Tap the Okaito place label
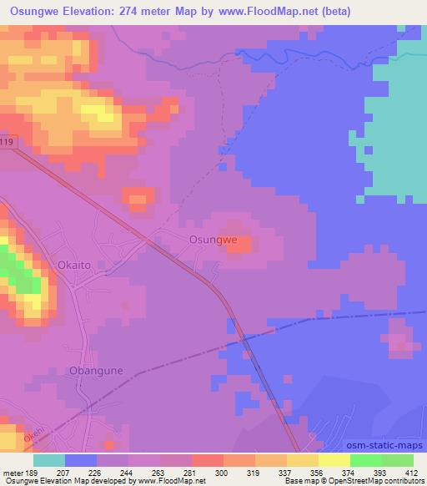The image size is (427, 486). pyautogui.click(x=75, y=266)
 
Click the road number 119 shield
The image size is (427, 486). pyautogui.click(x=8, y=143)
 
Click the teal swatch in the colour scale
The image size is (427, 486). pyautogui.click(x=48, y=460)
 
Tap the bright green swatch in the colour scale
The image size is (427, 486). pyautogui.click(x=365, y=460)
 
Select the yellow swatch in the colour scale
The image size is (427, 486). pyautogui.click(x=302, y=460)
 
